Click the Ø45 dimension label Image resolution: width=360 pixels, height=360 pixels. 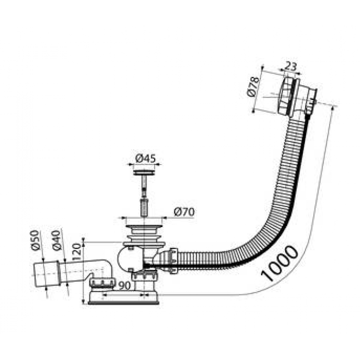coord(145,158)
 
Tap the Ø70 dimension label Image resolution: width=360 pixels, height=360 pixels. coord(184,211)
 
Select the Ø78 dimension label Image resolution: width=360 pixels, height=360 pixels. coord(253,87)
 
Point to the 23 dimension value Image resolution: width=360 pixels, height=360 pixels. coord(290,66)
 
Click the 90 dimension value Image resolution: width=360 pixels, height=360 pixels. coord(124,285)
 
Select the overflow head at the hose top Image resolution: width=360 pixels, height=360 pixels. coord(296,97)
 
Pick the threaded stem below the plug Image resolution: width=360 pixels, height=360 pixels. coord(144,195)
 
